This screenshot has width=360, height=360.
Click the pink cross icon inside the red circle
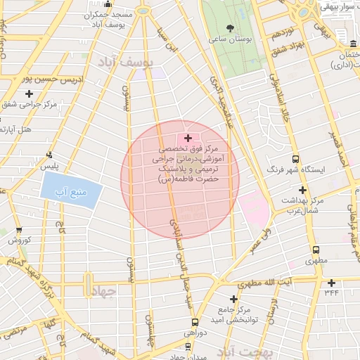click(x=187, y=138)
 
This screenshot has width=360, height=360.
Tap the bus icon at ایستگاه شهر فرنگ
click(x=295, y=159)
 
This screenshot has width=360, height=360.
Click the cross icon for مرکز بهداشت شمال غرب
click(x=303, y=190)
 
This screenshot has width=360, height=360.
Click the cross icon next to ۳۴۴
click(x=331, y=283)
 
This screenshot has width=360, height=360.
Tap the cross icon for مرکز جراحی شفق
click(x=29, y=94)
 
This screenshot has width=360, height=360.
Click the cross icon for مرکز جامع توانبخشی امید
click(x=233, y=299)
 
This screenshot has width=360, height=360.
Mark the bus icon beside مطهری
click(x=316, y=250)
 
